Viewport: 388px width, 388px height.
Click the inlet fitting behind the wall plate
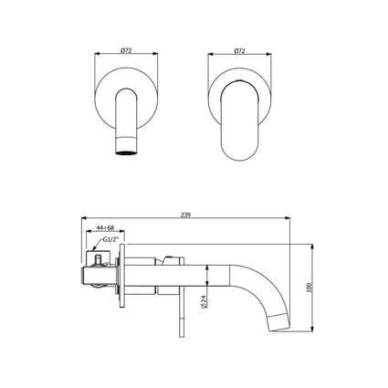click(x=98, y=270)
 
